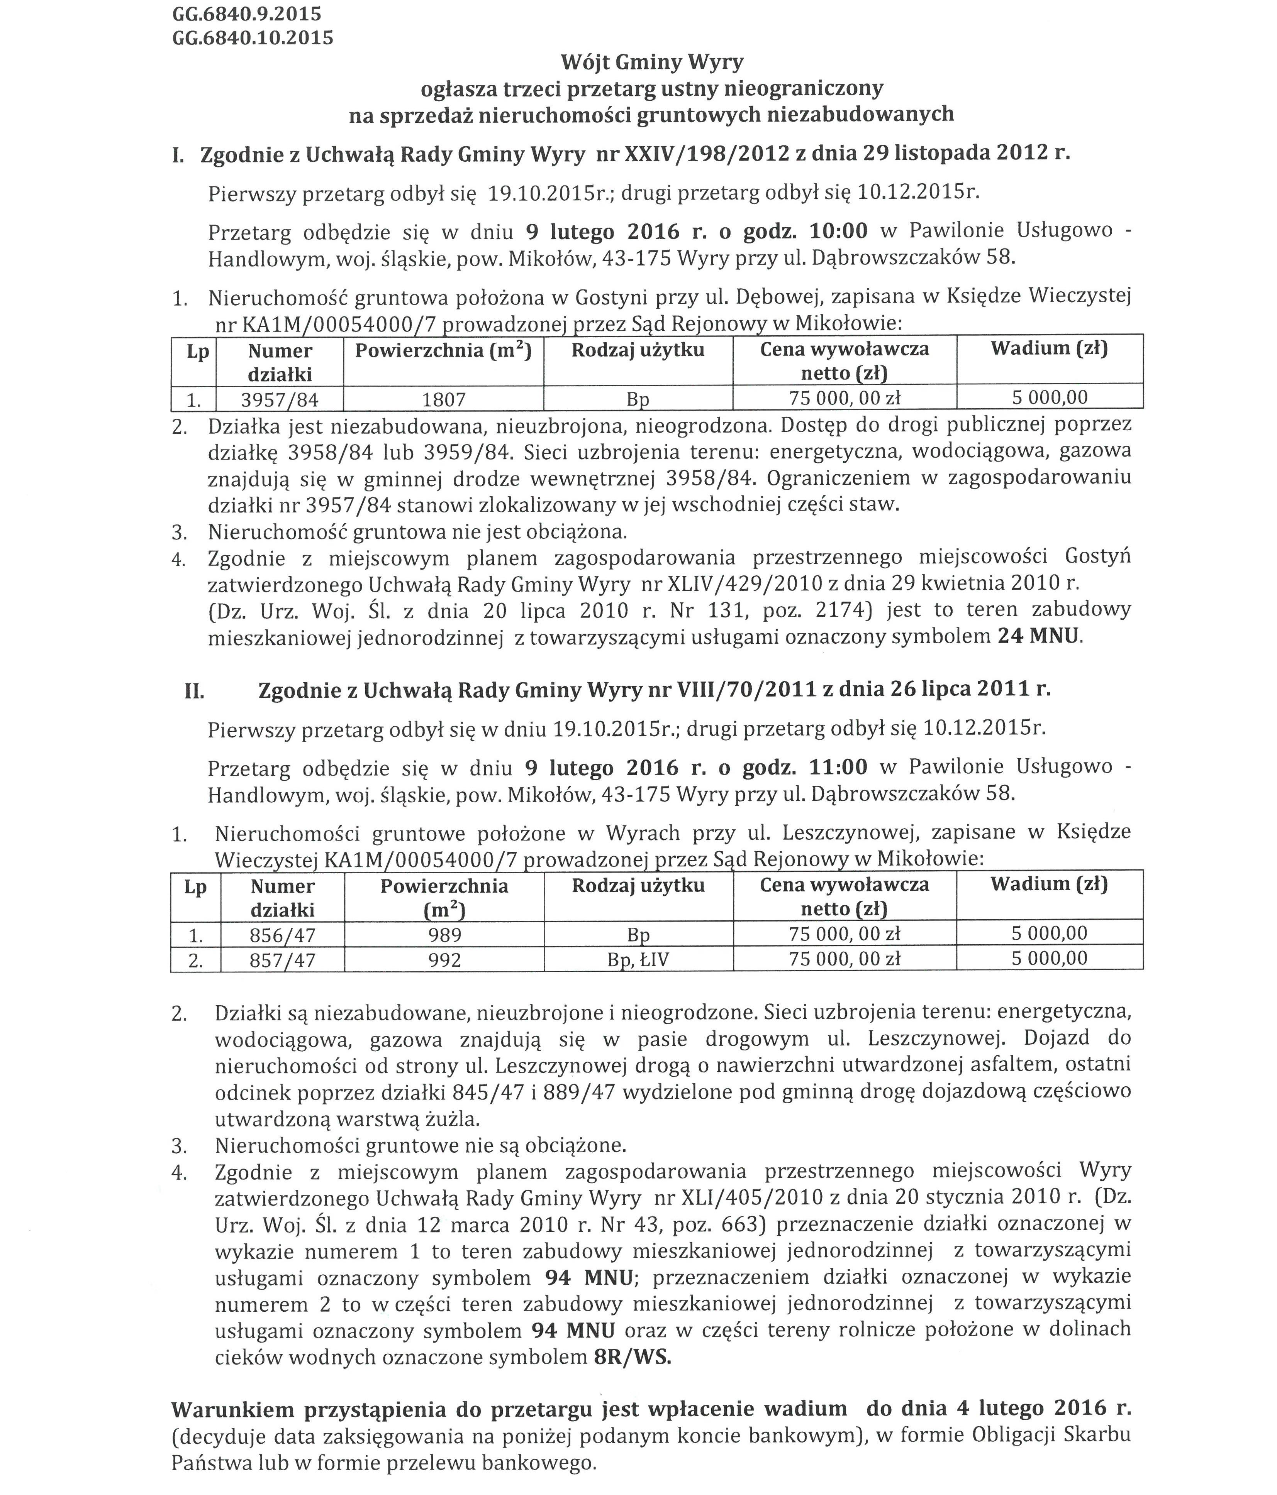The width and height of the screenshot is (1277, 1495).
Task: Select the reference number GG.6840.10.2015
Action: [x=253, y=37]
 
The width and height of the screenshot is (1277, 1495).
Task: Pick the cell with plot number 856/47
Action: [x=282, y=936]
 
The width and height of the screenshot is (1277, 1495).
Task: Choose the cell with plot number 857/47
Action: [x=282, y=961]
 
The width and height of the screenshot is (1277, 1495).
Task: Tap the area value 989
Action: [x=444, y=936]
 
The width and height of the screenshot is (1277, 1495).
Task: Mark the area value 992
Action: [x=444, y=961]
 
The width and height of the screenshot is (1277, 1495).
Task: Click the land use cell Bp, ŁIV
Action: [x=638, y=961]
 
